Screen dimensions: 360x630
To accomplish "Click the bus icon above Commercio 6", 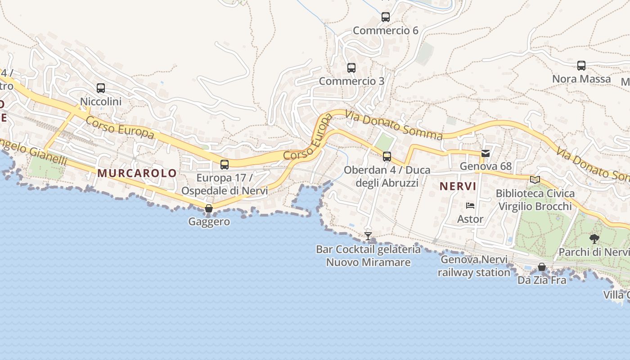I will [x=386, y=17].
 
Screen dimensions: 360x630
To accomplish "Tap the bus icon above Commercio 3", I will [x=351, y=68].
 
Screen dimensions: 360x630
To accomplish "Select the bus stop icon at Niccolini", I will [x=101, y=88].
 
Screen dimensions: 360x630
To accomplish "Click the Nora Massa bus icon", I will [x=581, y=66].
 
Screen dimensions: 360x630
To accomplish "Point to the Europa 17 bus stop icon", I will [x=225, y=165].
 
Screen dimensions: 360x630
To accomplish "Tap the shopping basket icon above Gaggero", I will [x=208, y=208].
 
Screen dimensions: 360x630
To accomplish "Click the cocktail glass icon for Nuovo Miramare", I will [x=368, y=236].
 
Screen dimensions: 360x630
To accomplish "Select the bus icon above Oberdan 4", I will [x=387, y=157].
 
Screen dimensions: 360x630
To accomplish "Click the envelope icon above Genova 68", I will [x=486, y=153].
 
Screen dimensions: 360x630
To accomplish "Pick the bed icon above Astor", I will [x=470, y=206].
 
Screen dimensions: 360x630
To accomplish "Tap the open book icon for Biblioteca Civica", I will [x=535, y=180].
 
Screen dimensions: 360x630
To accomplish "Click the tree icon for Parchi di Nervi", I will [x=594, y=239].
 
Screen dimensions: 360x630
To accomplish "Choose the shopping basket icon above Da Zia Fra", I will [x=542, y=267].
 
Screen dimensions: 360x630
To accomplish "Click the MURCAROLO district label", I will [x=137, y=173].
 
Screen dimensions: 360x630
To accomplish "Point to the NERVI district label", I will [x=458, y=186].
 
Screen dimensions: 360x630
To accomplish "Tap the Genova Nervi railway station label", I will [x=474, y=266].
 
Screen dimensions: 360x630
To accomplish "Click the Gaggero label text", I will [x=209, y=221].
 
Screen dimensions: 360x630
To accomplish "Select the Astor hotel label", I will [x=470, y=219].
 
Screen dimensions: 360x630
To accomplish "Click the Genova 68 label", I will [x=486, y=166].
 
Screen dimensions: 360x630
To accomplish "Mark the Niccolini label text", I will [x=101, y=102].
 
